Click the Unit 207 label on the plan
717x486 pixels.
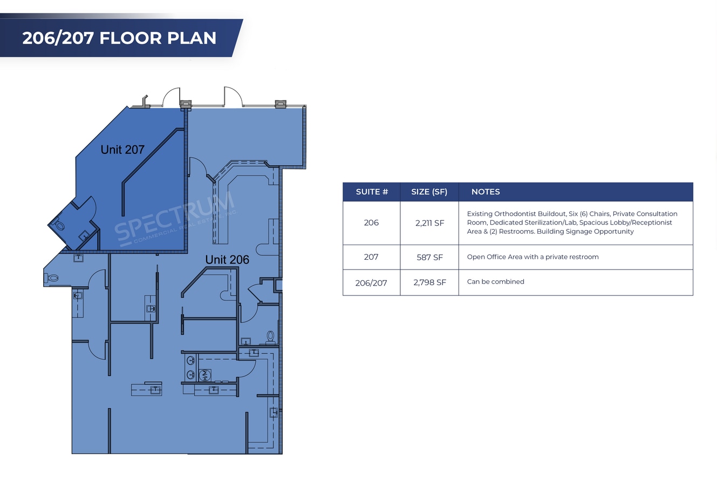122,150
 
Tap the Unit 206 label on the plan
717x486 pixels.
227,260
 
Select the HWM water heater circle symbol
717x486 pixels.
205,375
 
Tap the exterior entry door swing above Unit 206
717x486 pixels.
233,96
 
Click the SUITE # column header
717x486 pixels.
372,192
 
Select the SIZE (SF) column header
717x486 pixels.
429,192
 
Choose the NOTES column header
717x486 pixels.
486,192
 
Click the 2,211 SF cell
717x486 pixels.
429,223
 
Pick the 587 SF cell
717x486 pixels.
429,258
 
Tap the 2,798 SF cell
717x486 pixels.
429,282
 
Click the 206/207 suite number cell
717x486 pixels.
371,283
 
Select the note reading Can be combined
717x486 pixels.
495,281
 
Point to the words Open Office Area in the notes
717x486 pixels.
494,257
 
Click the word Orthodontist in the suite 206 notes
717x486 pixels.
515,214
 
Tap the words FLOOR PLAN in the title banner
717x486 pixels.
158,38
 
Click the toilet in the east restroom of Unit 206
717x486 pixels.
270,337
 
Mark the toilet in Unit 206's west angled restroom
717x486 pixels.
52,278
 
